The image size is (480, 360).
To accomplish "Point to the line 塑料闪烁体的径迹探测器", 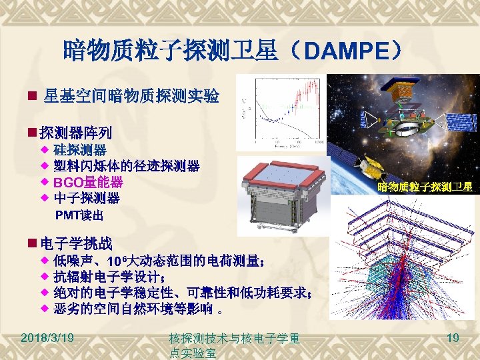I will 126,165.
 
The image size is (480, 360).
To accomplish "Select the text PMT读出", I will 79,215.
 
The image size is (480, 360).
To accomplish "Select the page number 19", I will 453,339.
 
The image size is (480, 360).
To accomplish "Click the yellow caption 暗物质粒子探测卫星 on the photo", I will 425,187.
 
